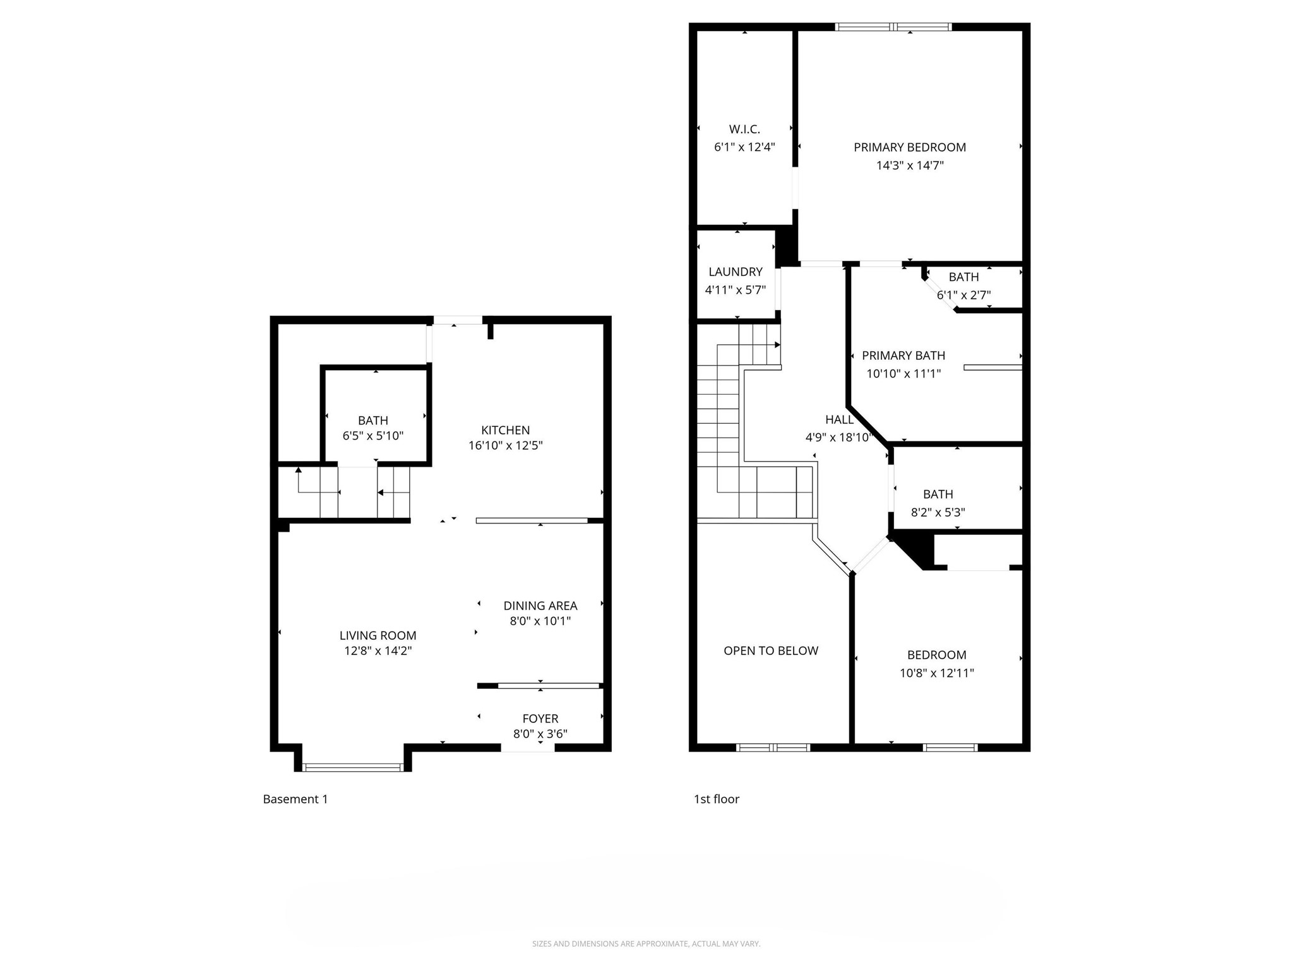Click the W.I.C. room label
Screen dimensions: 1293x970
[x=744, y=129]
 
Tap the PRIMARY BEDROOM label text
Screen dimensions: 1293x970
[x=910, y=147]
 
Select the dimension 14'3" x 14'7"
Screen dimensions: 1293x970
[x=910, y=165]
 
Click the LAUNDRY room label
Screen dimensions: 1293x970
[x=736, y=272]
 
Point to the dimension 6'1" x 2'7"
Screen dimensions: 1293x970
[x=963, y=295]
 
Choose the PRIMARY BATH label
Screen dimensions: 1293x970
[x=903, y=356]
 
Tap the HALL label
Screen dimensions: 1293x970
[x=839, y=419]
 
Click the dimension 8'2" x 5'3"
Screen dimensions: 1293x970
[x=938, y=512]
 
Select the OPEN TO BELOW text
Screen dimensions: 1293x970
[x=771, y=650]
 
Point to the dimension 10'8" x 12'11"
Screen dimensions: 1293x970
[x=937, y=673]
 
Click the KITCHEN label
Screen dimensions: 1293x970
[x=505, y=430]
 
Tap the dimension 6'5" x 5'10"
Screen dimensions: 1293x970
[x=372, y=436]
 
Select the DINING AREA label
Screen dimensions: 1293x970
[x=540, y=606]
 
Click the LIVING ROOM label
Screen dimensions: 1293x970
[x=378, y=635]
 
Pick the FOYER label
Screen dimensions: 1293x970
[x=540, y=719]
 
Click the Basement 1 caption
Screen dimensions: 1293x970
[x=295, y=799]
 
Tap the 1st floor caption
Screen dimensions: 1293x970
[x=717, y=799]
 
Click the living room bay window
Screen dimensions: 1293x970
[x=353, y=767]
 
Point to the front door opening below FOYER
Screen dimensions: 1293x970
[x=528, y=748]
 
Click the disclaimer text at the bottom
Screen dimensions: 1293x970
[x=646, y=943]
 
